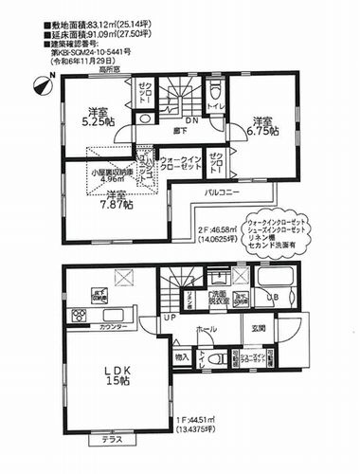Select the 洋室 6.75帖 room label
pos(264,127)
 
